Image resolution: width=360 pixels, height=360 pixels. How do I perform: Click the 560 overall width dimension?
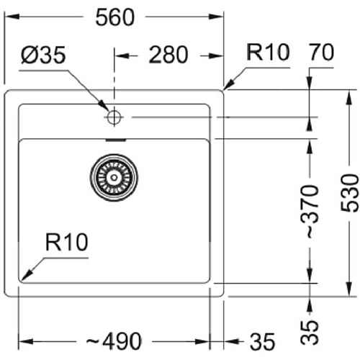(115, 17)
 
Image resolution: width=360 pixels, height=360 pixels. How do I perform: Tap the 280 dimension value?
(168, 55)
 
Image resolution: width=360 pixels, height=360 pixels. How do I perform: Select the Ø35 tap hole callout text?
(43, 55)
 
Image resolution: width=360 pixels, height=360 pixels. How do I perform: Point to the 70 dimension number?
(322, 52)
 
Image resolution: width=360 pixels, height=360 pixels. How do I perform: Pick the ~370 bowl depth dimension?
(310, 212)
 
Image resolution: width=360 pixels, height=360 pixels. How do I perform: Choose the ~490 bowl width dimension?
(114, 341)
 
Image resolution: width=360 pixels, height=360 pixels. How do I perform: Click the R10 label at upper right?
(268, 52)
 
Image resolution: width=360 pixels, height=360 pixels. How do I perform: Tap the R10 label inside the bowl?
(66, 242)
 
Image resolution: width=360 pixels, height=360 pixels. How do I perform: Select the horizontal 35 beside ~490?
(262, 342)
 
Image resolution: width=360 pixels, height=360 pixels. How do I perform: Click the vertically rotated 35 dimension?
(310, 333)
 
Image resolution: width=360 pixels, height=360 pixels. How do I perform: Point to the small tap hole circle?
(114, 117)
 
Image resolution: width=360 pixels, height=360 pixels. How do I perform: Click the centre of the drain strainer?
(114, 178)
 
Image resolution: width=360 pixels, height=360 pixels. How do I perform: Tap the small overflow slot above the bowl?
(116, 140)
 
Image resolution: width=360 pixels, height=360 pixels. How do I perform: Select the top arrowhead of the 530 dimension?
(349, 97)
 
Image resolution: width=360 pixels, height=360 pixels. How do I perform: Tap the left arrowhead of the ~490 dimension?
(26, 341)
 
